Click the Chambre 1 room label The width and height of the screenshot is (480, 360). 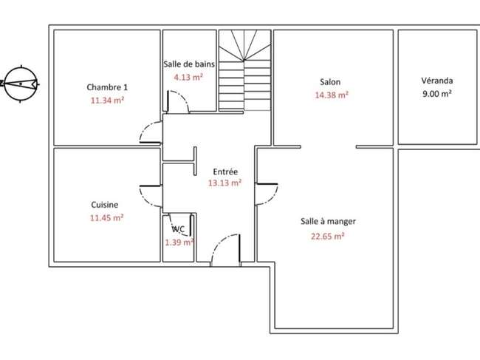[107, 87]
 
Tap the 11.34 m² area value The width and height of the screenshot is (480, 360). [107, 101]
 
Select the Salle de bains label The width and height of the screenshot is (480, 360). [189, 64]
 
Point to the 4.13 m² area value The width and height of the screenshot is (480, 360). [188, 77]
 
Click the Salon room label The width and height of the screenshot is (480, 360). [330, 82]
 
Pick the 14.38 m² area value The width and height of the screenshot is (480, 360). [332, 95]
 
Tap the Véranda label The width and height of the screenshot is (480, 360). [437, 81]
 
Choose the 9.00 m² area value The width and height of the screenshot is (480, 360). [437, 93]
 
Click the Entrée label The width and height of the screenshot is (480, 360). [225, 171]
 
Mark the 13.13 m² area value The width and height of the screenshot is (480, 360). [225, 183]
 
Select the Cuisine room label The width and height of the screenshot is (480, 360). [105, 205]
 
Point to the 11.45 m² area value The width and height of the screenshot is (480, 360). [106, 218]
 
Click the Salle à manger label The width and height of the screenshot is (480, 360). [328, 221]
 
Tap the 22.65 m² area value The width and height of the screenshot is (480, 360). [328, 237]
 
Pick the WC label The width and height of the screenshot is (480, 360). [178, 229]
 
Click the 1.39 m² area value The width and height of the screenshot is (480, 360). [179, 242]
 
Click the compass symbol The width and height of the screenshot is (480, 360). [21, 84]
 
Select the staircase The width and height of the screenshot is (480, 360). [245, 70]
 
